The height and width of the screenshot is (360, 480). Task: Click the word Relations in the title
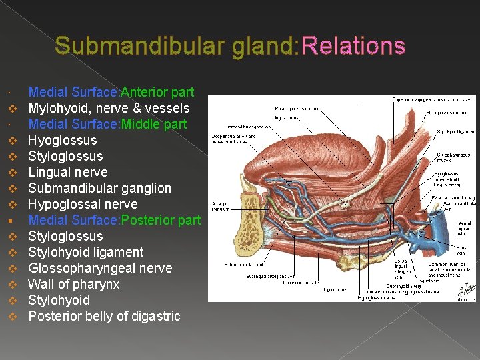pyautogui.click(x=353, y=45)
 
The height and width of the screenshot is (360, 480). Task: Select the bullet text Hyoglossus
pyautogui.click(x=62, y=140)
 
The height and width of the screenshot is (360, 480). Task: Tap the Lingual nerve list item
pyautogui.click(x=67, y=172)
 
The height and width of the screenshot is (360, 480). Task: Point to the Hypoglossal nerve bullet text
pyautogui.click(x=83, y=204)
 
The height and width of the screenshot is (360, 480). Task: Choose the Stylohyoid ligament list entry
pyautogui.click(x=85, y=252)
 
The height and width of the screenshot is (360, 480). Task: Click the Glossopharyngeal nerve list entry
pyautogui.click(x=100, y=268)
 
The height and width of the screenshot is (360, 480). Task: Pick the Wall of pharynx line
pyautogui.click(x=73, y=284)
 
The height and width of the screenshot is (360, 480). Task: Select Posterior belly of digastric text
pyautogui.click(x=104, y=316)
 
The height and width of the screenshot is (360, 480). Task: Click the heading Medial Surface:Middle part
pyautogui.click(x=107, y=124)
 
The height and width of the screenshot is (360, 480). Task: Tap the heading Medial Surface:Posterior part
pyautogui.click(x=114, y=220)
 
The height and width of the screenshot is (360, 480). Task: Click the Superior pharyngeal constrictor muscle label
pyautogui.click(x=431, y=99)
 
